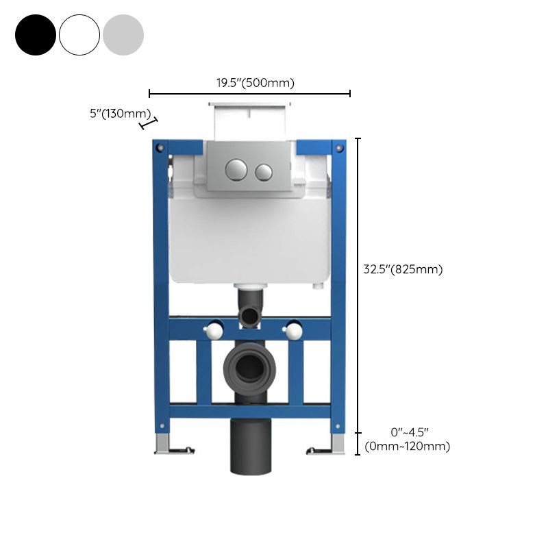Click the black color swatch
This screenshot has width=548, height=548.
click(x=36, y=35)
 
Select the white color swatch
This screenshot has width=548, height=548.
click(x=79, y=35)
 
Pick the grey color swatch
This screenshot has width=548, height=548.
click(x=123, y=35)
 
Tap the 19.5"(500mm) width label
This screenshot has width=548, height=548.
click(x=256, y=84)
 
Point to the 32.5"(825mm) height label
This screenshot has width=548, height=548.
click(x=403, y=269)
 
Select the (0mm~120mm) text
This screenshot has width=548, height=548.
click(x=408, y=447)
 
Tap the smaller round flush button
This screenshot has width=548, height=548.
click(x=264, y=171)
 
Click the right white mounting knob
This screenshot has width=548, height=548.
click(x=294, y=331)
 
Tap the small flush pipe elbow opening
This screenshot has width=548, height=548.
click(x=251, y=316)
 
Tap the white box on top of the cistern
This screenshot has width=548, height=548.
click(x=250, y=121)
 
